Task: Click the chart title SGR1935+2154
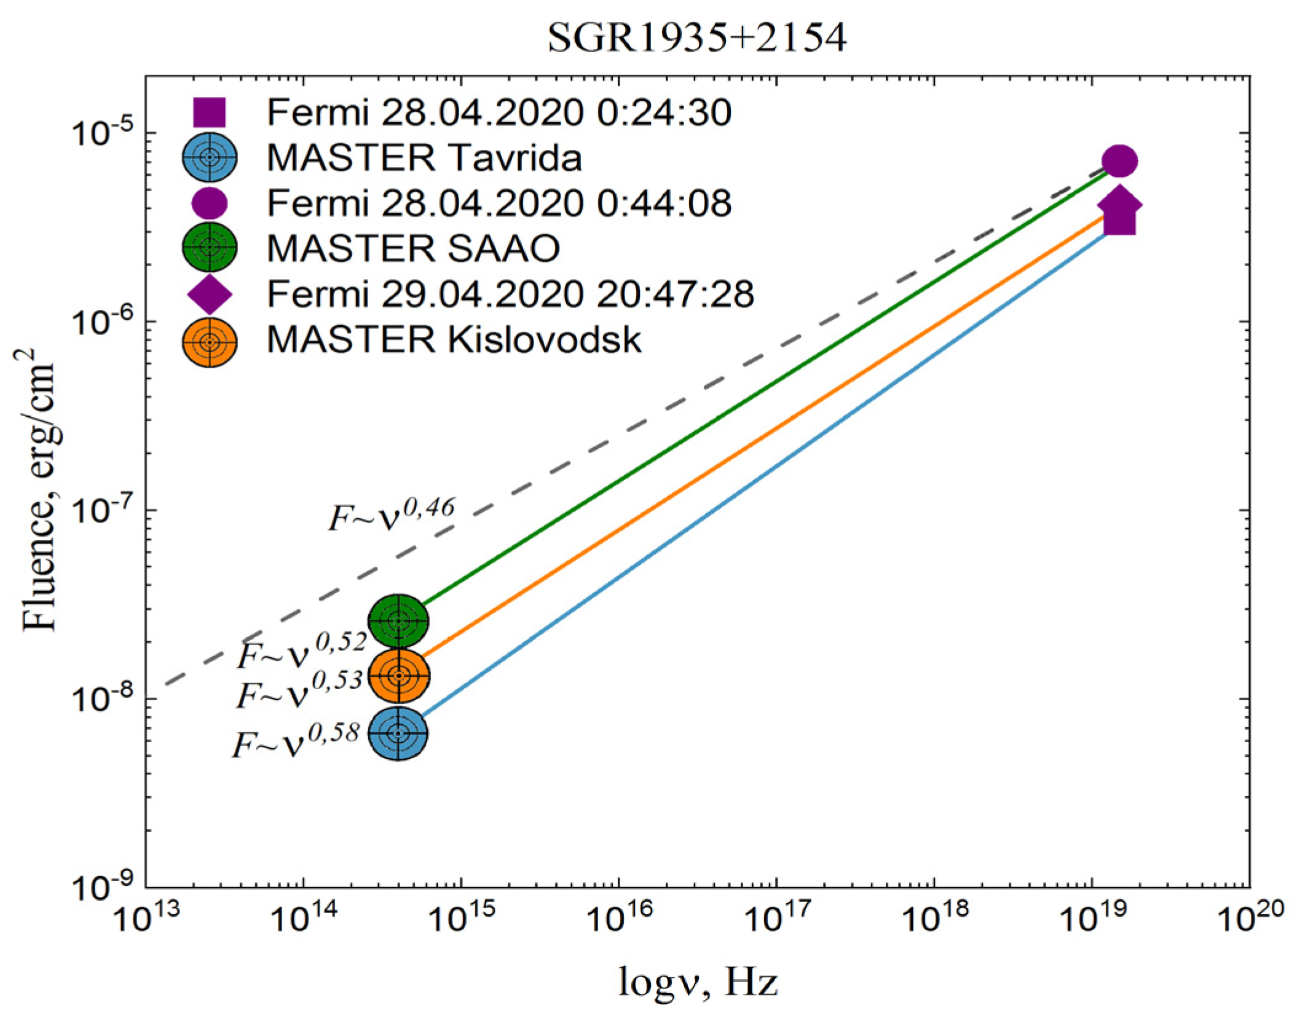click(696, 38)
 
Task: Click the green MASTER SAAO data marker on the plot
click(398, 621)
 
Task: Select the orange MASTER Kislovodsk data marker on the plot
click(398, 675)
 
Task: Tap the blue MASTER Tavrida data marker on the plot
click(398, 733)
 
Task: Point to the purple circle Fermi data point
click(1119, 161)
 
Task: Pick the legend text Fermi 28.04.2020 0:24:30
click(499, 113)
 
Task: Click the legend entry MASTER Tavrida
click(424, 157)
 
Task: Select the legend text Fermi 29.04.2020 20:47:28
click(510, 294)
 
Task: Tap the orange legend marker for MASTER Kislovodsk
click(210, 342)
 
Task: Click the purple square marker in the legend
click(209, 113)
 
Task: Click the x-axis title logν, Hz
click(698, 982)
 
